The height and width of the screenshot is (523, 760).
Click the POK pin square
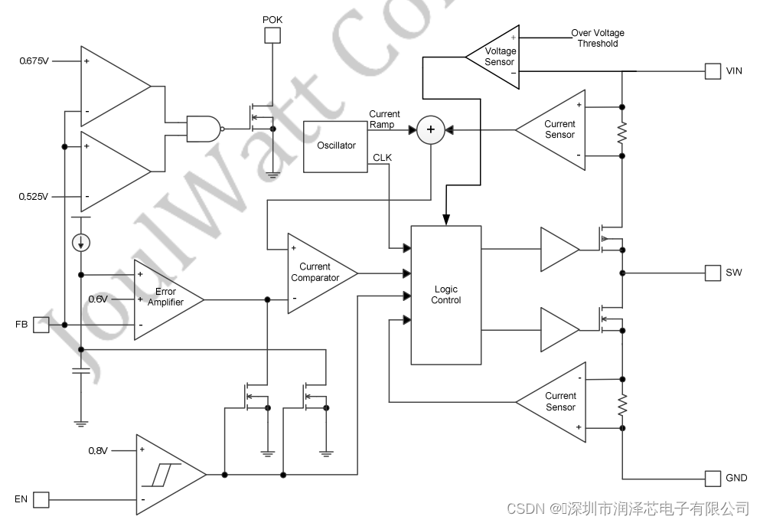tap(272, 35)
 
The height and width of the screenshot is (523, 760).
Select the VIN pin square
tap(713, 71)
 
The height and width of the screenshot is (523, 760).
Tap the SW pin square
tap(713, 273)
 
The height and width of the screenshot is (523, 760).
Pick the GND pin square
tap(713, 478)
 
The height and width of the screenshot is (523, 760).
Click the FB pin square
tap(41, 325)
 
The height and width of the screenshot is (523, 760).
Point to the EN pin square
tap(41, 500)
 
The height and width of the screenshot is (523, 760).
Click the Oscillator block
tap(336, 145)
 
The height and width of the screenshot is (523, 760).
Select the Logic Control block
tap(446, 295)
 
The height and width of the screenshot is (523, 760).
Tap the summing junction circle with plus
tap(430, 130)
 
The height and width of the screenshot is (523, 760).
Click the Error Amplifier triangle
tap(165, 299)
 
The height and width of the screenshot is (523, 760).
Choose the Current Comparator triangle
tap(317, 273)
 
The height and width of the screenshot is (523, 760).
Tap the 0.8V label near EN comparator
tap(98, 450)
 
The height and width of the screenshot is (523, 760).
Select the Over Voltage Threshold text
tap(598, 38)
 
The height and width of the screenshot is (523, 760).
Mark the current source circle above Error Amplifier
tap(80, 243)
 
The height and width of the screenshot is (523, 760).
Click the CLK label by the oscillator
tap(383, 158)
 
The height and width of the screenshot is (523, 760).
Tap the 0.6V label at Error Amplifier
tap(99, 299)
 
